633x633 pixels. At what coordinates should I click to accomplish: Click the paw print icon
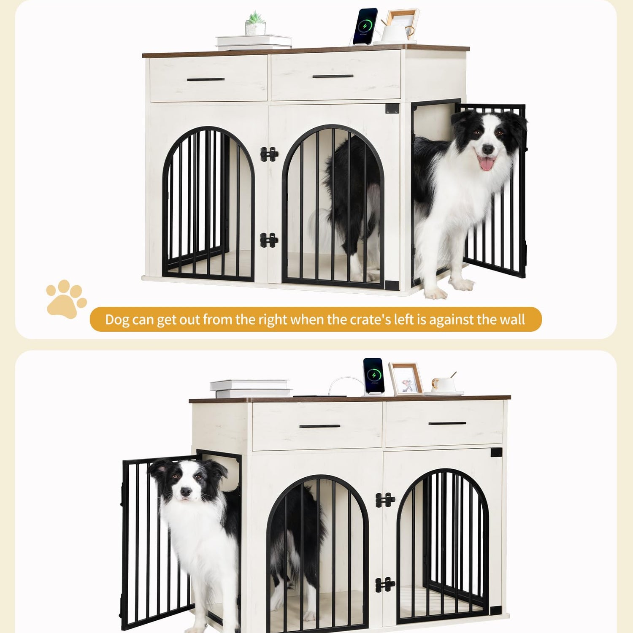pos(66,299)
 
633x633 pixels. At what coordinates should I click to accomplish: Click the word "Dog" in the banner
pos(117,320)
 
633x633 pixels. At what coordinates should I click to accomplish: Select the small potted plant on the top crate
pos(255,24)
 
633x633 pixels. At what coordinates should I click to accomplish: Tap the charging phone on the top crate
pos(364,26)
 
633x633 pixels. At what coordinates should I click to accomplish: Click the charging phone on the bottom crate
pos(373,377)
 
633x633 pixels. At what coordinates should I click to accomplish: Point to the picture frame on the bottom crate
pos(406,379)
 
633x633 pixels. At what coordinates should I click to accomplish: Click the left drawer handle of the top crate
pos(206,79)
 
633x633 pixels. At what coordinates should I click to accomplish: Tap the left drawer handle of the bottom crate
pos(320,426)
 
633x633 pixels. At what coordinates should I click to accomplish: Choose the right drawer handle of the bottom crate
pos(447,423)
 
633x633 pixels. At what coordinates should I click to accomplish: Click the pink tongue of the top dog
pos(486,163)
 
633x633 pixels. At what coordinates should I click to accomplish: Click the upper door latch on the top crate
pos(269,154)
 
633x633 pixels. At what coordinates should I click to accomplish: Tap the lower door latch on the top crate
pos(269,240)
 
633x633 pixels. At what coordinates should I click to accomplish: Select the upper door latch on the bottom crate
pos(385,500)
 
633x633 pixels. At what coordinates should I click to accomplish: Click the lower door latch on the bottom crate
pos(385,585)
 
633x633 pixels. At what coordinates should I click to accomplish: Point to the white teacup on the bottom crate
pos(443,384)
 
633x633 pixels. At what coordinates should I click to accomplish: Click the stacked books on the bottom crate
pos(251,389)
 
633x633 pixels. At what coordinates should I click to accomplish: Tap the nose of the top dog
pos(488,149)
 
